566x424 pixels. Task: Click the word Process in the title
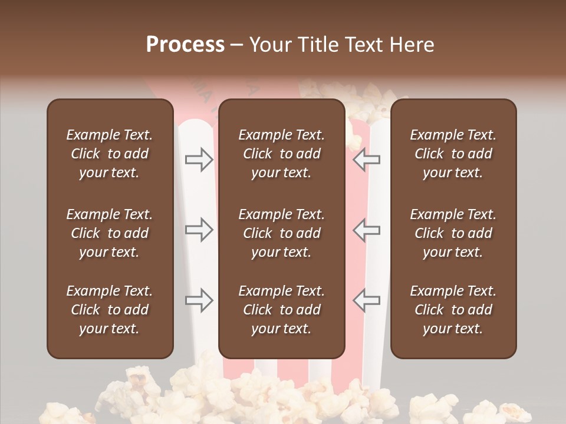coord(185,45)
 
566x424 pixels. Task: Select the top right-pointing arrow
coord(199,160)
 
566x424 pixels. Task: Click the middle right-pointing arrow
coord(199,230)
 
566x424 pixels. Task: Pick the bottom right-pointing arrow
coord(199,300)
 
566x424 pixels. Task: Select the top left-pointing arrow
coord(366,160)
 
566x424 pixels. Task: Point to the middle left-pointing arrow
coord(366,230)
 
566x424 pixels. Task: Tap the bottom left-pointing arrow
coord(366,300)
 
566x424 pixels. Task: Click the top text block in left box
coord(110,154)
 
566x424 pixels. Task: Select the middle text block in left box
coord(110,233)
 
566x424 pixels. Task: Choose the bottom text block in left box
coord(110,310)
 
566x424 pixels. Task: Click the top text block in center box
coord(282,154)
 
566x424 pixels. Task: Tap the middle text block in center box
coord(282,233)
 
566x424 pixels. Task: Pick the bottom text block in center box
coord(282,310)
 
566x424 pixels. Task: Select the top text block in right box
coord(453,154)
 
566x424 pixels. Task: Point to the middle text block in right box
coord(453,233)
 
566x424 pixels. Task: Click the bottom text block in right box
coord(453,310)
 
